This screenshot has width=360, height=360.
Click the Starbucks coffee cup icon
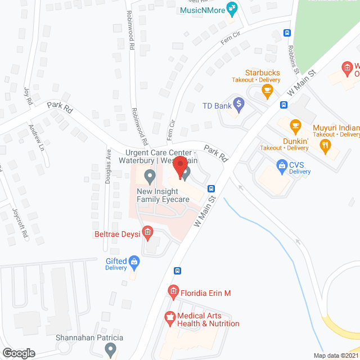click(267, 89)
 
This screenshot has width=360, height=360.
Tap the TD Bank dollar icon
click(239, 104)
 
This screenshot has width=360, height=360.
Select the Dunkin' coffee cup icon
click(295, 125)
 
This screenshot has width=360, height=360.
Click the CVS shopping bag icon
click(282, 165)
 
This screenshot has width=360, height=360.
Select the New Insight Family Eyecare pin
click(150, 177)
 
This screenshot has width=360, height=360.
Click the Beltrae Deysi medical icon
click(148, 231)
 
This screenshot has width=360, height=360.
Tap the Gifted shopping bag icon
click(134, 261)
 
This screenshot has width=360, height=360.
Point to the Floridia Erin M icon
click(173, 291)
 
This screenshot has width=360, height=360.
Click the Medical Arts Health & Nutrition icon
click(169, 319)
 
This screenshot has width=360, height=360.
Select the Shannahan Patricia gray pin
click(110, 350)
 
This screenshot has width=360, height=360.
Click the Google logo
click(19, 353)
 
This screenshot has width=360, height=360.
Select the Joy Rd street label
click(28, 95)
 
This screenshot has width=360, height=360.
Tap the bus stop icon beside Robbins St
click(287, 33)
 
